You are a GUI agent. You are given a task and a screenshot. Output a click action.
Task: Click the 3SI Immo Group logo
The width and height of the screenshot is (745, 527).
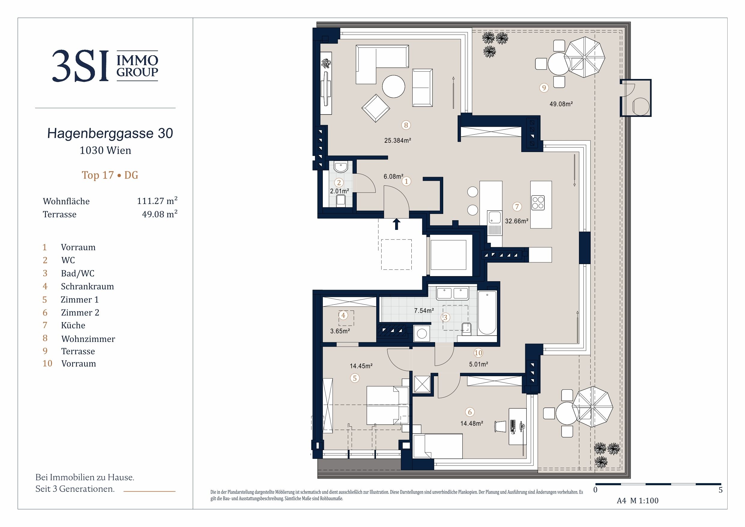pyautogui.click(x=105, y=65)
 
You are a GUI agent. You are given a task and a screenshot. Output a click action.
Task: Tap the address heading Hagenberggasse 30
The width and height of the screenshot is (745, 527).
pyautogui.click(x=110, y=133)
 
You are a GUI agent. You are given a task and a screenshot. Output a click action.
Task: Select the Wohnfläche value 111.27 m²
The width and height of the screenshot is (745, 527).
pyautogui.click(x=157, y=201)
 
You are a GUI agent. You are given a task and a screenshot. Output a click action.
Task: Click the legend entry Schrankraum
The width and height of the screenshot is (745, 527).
pyautogui.click(x=87, y=286)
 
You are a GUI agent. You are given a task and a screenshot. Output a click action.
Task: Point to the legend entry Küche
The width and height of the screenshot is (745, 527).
pyautogui.click(x=73, y=325)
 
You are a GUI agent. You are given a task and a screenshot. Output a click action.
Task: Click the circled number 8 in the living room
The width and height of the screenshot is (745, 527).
pyautogui.click(x=406, y=125)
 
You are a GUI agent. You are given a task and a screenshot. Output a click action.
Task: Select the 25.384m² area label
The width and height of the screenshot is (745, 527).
pyautogui.click(x=398, y=141)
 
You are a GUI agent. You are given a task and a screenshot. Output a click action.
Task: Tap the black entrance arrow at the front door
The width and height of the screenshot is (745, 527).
pyautogui.click(x=396, y=224)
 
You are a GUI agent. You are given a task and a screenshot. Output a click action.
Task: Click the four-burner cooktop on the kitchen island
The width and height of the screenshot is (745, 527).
pyautogui.click(x=538, y=203)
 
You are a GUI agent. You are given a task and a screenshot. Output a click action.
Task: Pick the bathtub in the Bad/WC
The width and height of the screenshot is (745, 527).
pyautogui.click(x=487, y=312)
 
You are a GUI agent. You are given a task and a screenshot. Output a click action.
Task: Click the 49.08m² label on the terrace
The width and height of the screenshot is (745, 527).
pyautogui.click(x=561, y=104)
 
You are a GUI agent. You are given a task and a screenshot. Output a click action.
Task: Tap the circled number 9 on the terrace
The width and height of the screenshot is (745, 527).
pyautogui.click(x=544, y=88)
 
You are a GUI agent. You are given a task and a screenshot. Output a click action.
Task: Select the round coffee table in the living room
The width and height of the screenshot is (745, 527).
pyautogui.click(x=394, y=86)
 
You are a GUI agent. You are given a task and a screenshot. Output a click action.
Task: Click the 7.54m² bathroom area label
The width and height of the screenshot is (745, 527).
pyautogui.click(x=424, y=311)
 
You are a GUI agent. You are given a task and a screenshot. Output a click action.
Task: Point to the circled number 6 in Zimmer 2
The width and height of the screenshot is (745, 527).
pyautogui.click(x=470, y=412)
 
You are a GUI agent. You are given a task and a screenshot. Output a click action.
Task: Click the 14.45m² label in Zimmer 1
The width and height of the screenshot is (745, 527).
pyautogui.click(x=361, y=366)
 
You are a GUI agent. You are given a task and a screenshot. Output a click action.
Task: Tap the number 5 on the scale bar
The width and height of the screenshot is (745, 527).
pyautogui.click(x=721, y=490)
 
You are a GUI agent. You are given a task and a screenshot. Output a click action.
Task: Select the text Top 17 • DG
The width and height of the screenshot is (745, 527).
pyautogui.click(x=110, y=175)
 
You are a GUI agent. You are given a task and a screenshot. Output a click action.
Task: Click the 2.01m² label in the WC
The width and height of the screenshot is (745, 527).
pyautogui.click(x=339, y=191)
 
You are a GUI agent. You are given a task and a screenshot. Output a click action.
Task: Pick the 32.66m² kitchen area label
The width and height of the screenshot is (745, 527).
pyautogui.click(x=516, y=221)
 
